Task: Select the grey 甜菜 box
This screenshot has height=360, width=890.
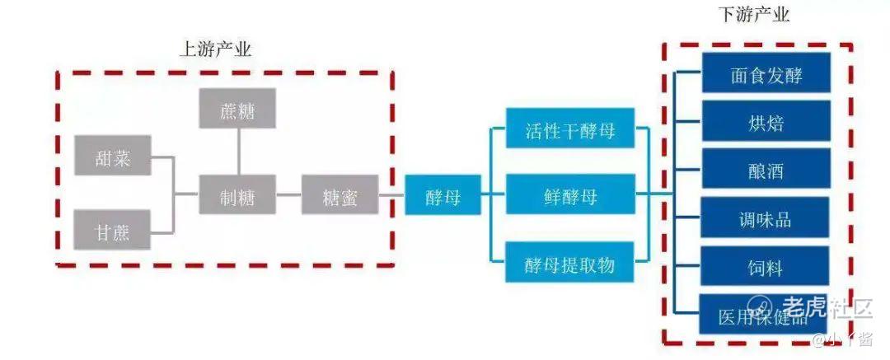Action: [x=113, y=156]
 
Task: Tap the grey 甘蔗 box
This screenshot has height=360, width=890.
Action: [x=113, y=230]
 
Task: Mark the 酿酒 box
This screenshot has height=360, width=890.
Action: [x=766, y=171]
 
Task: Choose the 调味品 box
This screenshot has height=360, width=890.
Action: [x=766, y=218]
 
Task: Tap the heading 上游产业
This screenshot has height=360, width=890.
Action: [x=215, y=49]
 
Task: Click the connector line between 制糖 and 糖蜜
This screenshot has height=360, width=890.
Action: [x=288, y=194]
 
